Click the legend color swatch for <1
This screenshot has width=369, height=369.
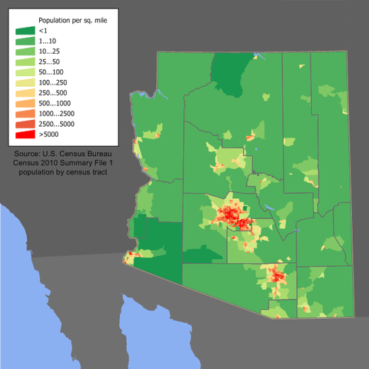pyautogui.click(x=25, y=30)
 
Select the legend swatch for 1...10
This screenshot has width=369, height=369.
pyautogui.click(x=25, y=40)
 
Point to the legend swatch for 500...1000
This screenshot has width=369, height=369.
pyautogui.click(x=25, y=102)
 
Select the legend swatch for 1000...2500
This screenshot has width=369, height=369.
pyautogui.click(x=25, y=113)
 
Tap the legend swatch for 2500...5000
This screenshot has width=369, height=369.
pyautogui.click(x=25, y=124)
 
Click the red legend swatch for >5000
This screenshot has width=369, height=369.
pyautogui.click(x=25, y=135)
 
